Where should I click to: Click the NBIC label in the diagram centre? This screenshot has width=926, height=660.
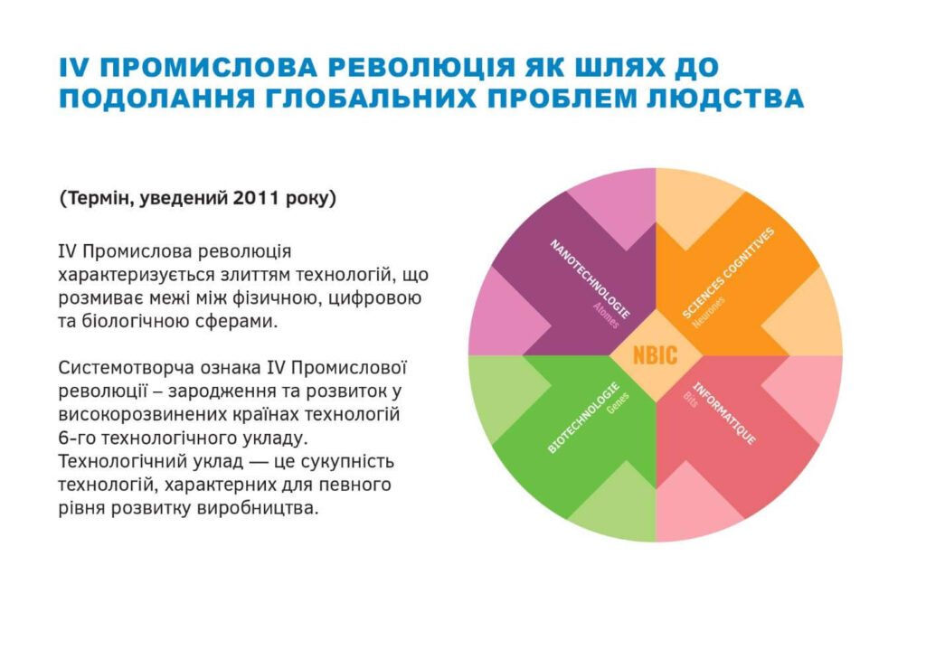tap(655, 355)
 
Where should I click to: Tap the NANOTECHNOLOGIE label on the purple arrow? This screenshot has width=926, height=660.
tap(590, 278)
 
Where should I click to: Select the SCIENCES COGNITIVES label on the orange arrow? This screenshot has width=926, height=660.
tap(728, 273)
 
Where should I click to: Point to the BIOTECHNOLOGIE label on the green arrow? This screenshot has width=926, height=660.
tap(583, 418)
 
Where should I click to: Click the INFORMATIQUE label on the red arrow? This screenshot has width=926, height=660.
tap(723, 413)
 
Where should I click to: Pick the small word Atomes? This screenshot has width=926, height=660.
tap(606, 316)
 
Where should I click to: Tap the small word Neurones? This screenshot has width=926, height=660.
tap(707, 312)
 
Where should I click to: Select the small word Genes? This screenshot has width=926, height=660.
tap(619, 402)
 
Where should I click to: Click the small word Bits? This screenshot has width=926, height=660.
tap(690, 399)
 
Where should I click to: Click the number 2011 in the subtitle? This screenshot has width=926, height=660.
tap(256, 198)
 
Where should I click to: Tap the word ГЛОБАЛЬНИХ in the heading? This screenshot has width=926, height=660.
tap(370, 98)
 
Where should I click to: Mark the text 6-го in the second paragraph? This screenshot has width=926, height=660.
tap(77, 438)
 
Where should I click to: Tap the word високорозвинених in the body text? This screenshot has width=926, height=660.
tap(137, 414)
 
